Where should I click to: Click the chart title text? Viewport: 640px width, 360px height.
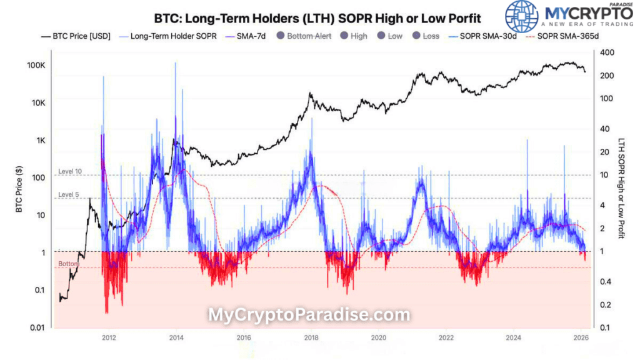click(x=317, y=13)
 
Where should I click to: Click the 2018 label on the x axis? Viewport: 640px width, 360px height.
click(x=311, y=338)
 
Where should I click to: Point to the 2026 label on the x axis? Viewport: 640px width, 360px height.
click(x=579, y=338)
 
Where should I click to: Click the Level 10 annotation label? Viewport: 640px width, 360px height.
click(x=69, y=171)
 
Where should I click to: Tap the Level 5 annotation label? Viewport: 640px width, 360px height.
click(x=68, y=195)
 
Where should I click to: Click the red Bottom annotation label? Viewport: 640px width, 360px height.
click(x=68, y=264)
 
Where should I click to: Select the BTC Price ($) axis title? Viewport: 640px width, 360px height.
click(x=19, y=187)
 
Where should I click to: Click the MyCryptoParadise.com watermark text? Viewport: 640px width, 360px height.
click(x=309, y=314)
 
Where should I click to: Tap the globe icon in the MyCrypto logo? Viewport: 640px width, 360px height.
click(x=521, y=16)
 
